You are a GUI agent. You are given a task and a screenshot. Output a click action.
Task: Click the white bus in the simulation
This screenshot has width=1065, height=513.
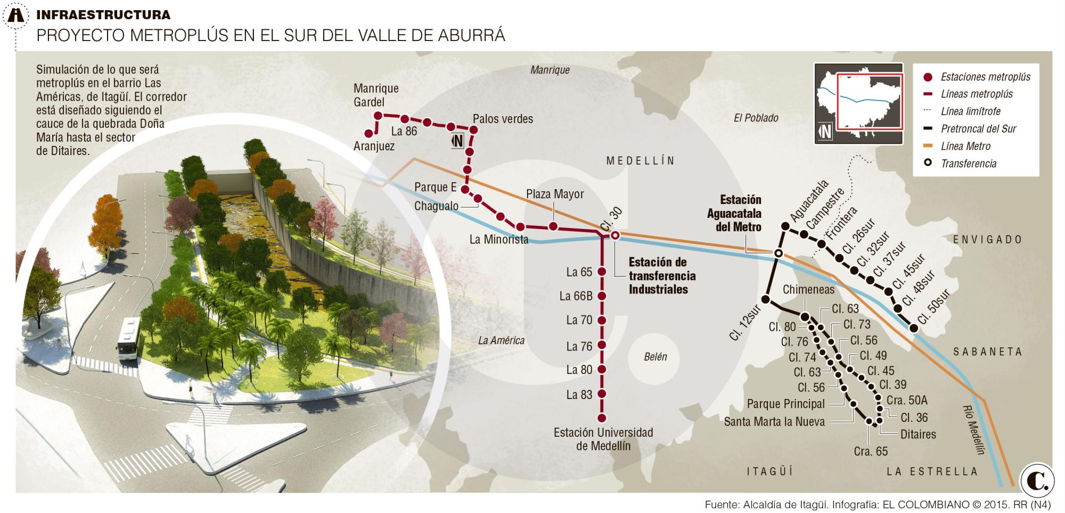[129, 339]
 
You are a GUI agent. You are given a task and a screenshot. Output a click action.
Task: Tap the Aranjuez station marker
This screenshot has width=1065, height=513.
[368, 133]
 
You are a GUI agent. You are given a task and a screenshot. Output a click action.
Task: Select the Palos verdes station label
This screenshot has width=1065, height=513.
[503, 119]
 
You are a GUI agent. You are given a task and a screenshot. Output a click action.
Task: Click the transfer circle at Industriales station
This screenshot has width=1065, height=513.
[615, 235]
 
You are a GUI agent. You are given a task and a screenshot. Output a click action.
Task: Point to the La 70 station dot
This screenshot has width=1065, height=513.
[602, 321]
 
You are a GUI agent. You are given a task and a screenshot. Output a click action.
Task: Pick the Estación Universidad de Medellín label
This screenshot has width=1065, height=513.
[603, 439]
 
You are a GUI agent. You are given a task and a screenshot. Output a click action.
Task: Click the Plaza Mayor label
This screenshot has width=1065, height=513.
[555, 194]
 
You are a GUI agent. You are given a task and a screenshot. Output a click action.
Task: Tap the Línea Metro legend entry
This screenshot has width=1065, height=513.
[965, 146]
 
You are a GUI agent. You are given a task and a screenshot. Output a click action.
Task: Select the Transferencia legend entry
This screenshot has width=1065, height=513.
[968, 164]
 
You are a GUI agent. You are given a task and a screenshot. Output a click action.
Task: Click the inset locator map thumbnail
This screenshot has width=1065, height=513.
[858, 104]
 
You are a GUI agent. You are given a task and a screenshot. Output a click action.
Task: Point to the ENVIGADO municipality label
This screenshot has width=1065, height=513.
[988, 240]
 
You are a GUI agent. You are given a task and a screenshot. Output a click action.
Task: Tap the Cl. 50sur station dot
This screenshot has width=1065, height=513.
[914, 328]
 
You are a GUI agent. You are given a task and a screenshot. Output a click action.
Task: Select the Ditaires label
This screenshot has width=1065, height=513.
[918, 434]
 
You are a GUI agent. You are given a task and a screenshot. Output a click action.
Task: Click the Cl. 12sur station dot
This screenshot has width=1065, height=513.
[766, 299]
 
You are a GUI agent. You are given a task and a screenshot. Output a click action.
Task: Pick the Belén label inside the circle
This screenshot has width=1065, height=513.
[655, 357]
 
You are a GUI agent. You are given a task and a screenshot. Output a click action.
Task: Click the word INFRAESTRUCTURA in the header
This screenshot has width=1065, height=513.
[103, 15]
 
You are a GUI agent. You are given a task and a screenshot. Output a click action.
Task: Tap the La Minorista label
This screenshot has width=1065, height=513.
[498, 240]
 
